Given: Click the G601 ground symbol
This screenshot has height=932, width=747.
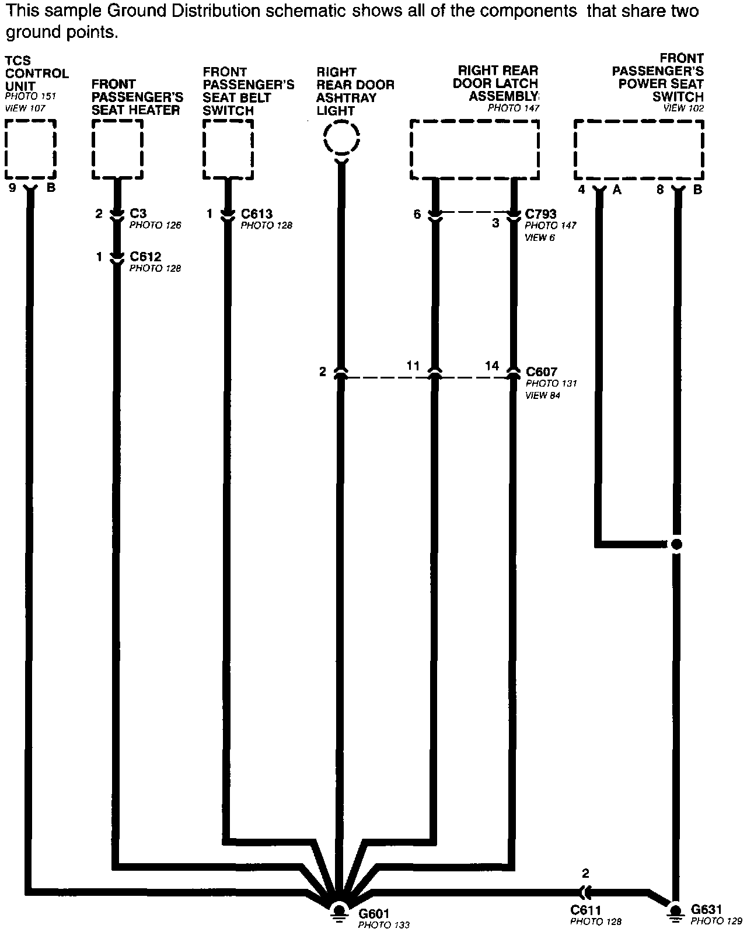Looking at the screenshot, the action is click(x=339, y=912).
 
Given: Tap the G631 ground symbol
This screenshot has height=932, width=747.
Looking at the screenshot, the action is click(x=675, y=912).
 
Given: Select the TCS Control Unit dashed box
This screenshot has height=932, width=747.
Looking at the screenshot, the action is click(x=30, y=149).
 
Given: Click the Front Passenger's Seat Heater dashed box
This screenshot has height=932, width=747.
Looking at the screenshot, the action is click(x=117, y=149).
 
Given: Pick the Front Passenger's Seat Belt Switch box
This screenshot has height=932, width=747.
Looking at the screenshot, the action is click(x=228, y=149).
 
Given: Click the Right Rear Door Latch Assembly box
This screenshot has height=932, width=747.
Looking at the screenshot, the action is click(x=474, y=149).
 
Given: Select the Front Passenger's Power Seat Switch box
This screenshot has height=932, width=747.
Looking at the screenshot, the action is click(x=639, y=149).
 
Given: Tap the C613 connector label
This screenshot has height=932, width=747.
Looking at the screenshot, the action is click(x=256, y=214).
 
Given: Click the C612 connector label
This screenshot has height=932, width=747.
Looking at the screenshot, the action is click(x=145, y=257).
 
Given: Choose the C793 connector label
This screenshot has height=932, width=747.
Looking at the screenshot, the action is click(x=541, y=214).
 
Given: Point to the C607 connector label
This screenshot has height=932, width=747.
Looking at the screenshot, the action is click(x=542, y=372).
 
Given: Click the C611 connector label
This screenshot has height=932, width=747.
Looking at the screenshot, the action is click(x=585, y=910).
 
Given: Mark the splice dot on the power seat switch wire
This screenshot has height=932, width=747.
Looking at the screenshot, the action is click(x=676, y=545).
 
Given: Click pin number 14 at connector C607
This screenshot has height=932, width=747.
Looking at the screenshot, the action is click(x=492, y=366).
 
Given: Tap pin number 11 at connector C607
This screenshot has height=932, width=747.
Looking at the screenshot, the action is click(x=413, y=366).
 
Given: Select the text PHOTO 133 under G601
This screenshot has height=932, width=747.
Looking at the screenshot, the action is click(x=383, y=925).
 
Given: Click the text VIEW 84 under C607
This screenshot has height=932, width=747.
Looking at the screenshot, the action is click(x=543, y=395).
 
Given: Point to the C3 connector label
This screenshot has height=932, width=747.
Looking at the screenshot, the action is click(x=138, y=213).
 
